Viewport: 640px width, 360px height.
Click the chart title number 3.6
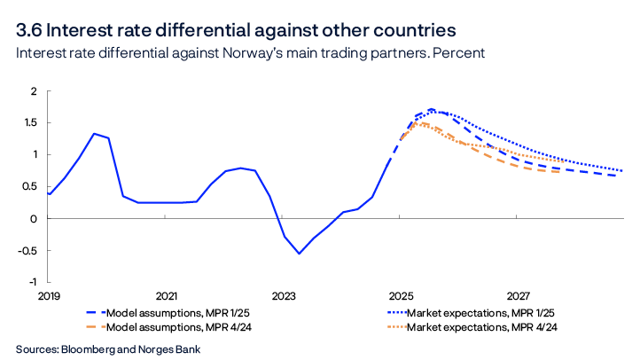[34, 29]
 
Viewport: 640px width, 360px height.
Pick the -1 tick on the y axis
[31, 282]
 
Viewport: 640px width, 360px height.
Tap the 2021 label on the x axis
[167, 294]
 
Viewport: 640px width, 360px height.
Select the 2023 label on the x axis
[284, 294]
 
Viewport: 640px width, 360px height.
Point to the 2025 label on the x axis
[401, 294]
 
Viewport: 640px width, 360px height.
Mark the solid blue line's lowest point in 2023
[299, 254]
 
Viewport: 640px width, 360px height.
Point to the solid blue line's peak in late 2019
[94, 134]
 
